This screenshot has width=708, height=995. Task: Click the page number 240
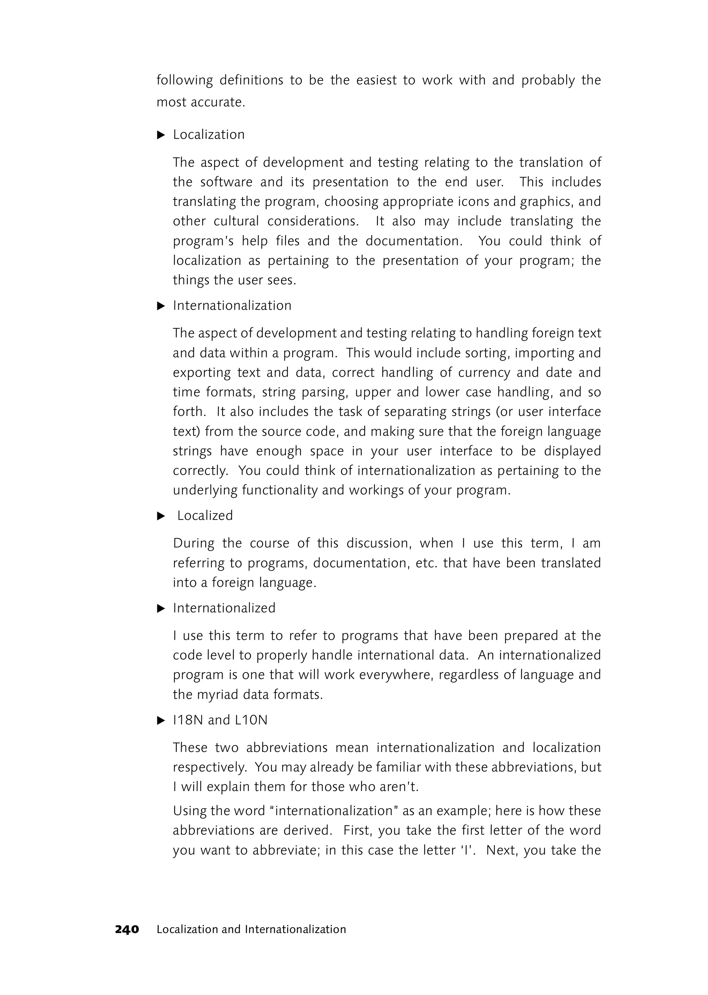coord(127,929)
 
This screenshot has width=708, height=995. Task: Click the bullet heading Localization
coord(209,135)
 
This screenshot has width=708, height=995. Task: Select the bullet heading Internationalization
coord(232,306)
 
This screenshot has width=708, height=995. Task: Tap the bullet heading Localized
coord(205,516)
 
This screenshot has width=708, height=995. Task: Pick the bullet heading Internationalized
coord(224,608)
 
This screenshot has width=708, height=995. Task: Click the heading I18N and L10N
coord(220,720)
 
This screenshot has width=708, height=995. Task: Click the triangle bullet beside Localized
coord(161,516)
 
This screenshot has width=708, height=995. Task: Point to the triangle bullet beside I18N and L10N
coord(161,720)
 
